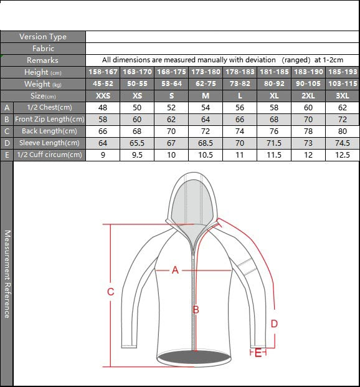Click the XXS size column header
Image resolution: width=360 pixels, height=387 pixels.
pos(103,96)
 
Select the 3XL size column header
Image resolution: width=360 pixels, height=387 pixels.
pos(343,96)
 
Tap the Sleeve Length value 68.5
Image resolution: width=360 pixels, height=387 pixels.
pos(206,143)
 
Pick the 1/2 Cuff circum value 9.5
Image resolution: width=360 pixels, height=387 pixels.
pos(137,155)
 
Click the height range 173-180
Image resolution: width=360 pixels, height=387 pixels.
pos(206,72)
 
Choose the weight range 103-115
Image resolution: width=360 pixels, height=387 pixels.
pos(343,84)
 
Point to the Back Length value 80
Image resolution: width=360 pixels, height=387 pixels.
pos(343,131)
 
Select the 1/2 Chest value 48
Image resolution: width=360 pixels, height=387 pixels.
pos(103,108)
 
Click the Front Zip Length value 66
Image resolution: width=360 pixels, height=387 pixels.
pos(240,120)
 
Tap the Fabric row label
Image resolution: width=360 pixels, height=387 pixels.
pos(43,49)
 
